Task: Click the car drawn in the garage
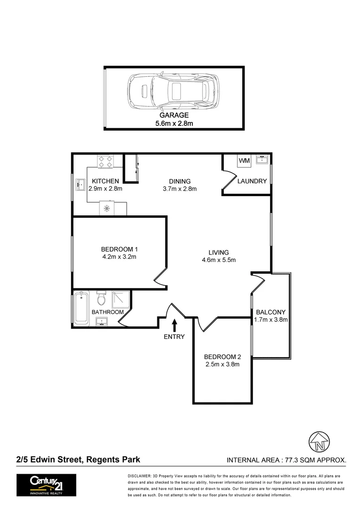coord(173,90)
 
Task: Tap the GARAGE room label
coord(174,115)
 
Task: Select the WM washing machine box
coord(244,161)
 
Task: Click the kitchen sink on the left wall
coord(79,184)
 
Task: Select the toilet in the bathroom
coord(101,299)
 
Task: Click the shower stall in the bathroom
coord(120,299)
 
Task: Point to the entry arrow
coord(175,325)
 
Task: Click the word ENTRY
coord(174,337)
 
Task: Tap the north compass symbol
coord(319,442)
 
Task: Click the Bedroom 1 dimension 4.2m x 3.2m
coord(119,257)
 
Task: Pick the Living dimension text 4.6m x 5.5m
coord(219,260)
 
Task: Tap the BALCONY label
coord(271,312)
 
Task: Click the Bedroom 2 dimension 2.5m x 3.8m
coord(222,364)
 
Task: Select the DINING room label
coord(180,181)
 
